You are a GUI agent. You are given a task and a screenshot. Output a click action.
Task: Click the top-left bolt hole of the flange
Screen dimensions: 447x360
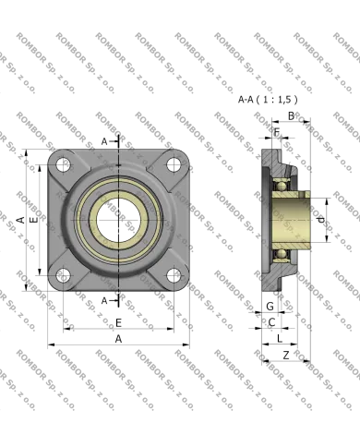pos(63,165)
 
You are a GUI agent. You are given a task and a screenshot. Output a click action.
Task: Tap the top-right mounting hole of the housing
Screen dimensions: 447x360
pos(173,165)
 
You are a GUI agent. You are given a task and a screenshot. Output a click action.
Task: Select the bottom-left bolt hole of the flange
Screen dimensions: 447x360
pos(63,274)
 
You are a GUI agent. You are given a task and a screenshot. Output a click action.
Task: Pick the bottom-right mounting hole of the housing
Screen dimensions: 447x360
pos(173,274)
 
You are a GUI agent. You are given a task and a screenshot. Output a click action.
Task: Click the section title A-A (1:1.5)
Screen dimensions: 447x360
pos(269,98)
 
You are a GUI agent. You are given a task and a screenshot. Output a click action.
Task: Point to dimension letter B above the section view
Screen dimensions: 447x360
pos(291,115)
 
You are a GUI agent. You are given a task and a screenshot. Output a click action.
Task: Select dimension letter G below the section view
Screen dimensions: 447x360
pos(270,306)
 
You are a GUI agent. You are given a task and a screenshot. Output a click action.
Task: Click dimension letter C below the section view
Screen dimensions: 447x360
pos(270,321)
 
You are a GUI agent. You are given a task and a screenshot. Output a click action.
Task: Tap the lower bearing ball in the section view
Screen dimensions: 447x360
pos(280,255)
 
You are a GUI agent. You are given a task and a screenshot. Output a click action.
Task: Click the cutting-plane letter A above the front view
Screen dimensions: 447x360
pos(104,140)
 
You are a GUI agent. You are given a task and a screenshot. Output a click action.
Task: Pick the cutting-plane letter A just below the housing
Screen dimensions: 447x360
pos(104,300)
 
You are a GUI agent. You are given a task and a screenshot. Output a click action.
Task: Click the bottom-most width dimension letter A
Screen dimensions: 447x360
pos(117,339)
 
